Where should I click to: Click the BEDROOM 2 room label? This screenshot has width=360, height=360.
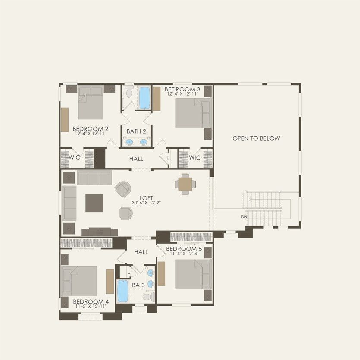[x=90, y=128]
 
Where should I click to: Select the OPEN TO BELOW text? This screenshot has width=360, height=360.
[x=256, y=138]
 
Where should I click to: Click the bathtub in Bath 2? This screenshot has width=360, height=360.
[x=144, y=97]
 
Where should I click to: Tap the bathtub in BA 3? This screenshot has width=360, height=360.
[x=123, y=291]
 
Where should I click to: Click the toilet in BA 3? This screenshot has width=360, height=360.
[x=148, y=297]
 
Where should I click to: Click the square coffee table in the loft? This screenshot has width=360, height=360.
[x=94, y=203]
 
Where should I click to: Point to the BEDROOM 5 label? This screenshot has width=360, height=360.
[x=184, y=249]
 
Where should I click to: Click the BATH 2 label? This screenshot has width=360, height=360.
[x=136, y=131]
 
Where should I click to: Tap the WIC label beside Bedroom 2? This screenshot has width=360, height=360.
[x=75, y=157]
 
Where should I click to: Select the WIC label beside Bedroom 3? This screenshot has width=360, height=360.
[x=195, y=157]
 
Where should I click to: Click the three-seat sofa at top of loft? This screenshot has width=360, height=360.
[x=94, y=177]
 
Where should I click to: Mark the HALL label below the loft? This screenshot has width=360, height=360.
[x=141, y=252]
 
